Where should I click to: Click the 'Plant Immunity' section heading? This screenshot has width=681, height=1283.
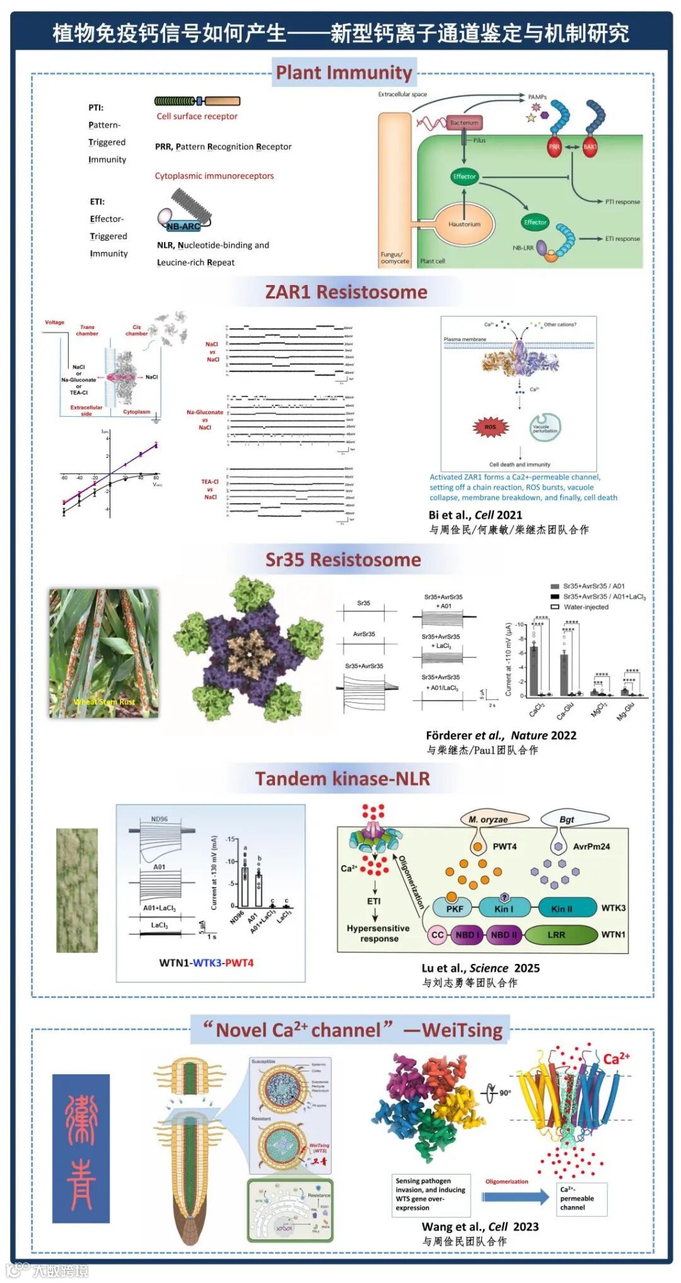point(344,73)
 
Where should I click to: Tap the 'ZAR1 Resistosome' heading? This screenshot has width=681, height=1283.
point(346,292)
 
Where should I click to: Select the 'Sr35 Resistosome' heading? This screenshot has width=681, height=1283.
point(343,559)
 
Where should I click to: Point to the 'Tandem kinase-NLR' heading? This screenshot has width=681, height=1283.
point(342,779)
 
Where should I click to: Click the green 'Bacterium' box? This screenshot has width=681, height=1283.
point(464,123)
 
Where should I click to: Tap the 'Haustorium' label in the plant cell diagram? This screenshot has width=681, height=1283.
point(464,224)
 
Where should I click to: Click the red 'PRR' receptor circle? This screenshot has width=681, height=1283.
point(554,146)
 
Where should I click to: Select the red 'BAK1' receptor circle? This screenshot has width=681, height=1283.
point(590,146)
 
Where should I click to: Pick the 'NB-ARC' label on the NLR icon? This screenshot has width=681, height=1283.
point(183,226)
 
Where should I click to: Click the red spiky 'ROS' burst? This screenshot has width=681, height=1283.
point(490,427)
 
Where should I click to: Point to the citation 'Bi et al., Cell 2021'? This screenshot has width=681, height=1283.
point(475,514)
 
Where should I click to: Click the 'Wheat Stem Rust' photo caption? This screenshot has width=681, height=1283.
point(104,702)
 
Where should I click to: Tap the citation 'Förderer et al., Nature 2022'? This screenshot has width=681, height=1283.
point(501,735)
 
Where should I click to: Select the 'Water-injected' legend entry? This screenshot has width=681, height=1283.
point(586,607)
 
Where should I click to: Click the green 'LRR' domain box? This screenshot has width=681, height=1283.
point(556,935)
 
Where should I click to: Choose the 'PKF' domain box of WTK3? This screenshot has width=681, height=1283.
point(454,909)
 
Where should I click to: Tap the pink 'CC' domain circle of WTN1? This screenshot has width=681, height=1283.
point(438,935)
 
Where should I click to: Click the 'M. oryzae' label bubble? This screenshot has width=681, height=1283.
point(488,820)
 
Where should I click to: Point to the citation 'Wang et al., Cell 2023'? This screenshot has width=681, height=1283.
point(480,1226)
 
